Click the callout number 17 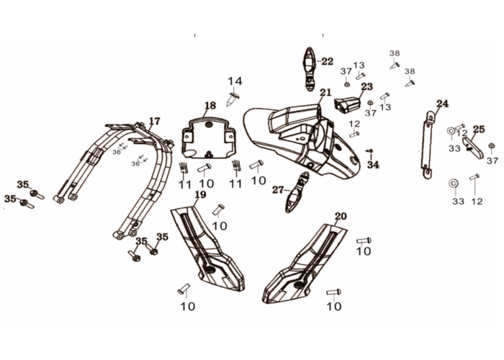[154, 121]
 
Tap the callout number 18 [210, 105]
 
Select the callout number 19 [201, 195]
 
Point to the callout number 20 [341, 216]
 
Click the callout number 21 [325, 93]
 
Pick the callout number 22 [328, 61]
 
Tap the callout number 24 [442, 104]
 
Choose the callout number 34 [373, 165]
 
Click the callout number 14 [235, 81]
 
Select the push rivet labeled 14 [233, 99]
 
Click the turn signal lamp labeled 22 [310, 69]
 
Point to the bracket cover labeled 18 [208, 139]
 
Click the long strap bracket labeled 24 [428, 145]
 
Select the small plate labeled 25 [473, 148]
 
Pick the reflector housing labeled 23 [347, 105]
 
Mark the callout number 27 [278, 190]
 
